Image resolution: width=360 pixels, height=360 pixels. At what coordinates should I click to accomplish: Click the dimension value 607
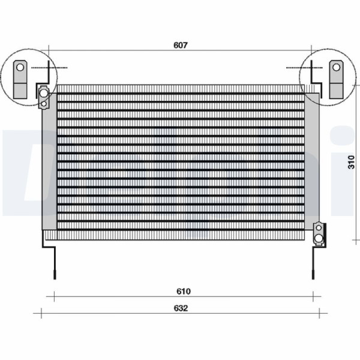pyautogui.click(x=181, y=45)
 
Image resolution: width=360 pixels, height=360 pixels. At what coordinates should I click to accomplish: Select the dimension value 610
pyautogui.click(x=184, y=291)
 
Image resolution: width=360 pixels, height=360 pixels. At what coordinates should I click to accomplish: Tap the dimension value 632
pyautogui.click(x=181, y=308)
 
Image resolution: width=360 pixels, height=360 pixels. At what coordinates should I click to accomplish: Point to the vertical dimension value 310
pyautogui.click(x=351, y=162)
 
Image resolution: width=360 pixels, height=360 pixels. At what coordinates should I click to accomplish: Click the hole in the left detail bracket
pyautogui.click(x=20, y=67)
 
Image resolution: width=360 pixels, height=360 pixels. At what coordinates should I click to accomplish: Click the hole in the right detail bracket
pyautogui.click(x=337, y=67)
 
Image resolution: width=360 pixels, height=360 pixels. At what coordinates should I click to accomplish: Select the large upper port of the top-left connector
pyautogui.click(x=44, y=93)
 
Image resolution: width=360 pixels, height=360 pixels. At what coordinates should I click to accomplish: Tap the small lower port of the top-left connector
pyautogui.click(x=44, y=104)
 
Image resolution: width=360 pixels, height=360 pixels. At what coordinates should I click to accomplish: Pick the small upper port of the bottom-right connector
pyautogui.click(x=319, y=228)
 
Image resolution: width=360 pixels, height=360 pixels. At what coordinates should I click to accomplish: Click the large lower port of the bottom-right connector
pyautogui.click(x=319, y=238)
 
